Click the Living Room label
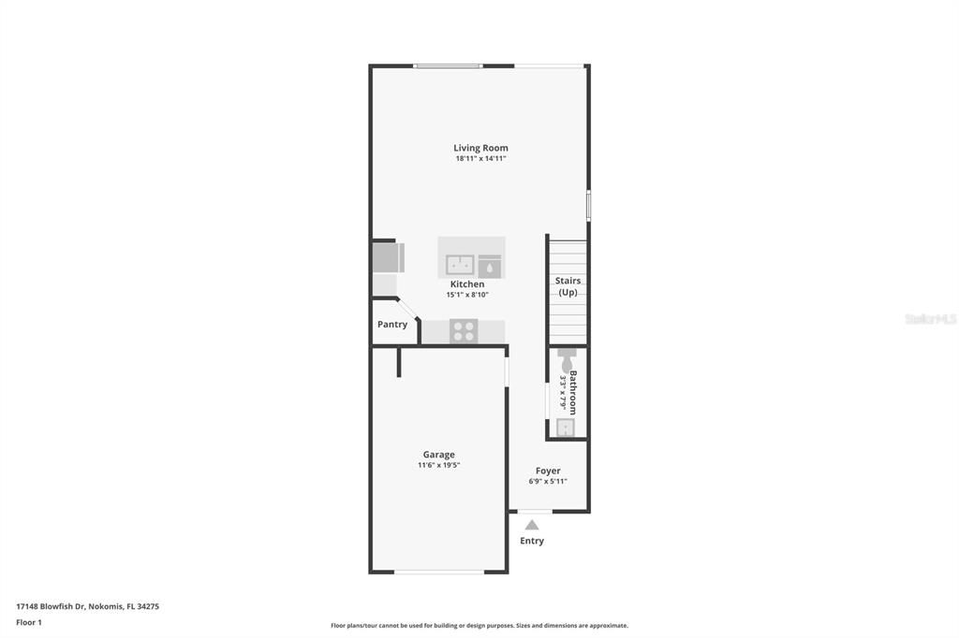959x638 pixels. [480, 148]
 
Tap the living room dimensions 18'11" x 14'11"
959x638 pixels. [480, 159]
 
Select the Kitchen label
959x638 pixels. [467, 284]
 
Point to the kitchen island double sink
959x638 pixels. [459, 266]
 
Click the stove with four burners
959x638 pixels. [464, 330]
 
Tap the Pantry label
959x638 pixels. [392, 325]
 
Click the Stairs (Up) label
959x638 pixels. [568, 286]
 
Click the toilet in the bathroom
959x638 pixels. [567, 358]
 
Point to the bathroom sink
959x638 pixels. [566, 428]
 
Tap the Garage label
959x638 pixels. [438, 455]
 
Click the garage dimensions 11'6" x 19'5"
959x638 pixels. [438, 465]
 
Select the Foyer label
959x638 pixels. [548, 471]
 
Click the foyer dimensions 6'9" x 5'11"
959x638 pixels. [548, 482]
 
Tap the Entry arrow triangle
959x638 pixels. [532, 525]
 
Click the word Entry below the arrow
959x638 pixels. [532, 541]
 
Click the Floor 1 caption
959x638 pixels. [29, 622]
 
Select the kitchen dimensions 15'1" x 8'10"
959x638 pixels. [467, 295]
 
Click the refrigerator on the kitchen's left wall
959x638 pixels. [387, 256]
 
